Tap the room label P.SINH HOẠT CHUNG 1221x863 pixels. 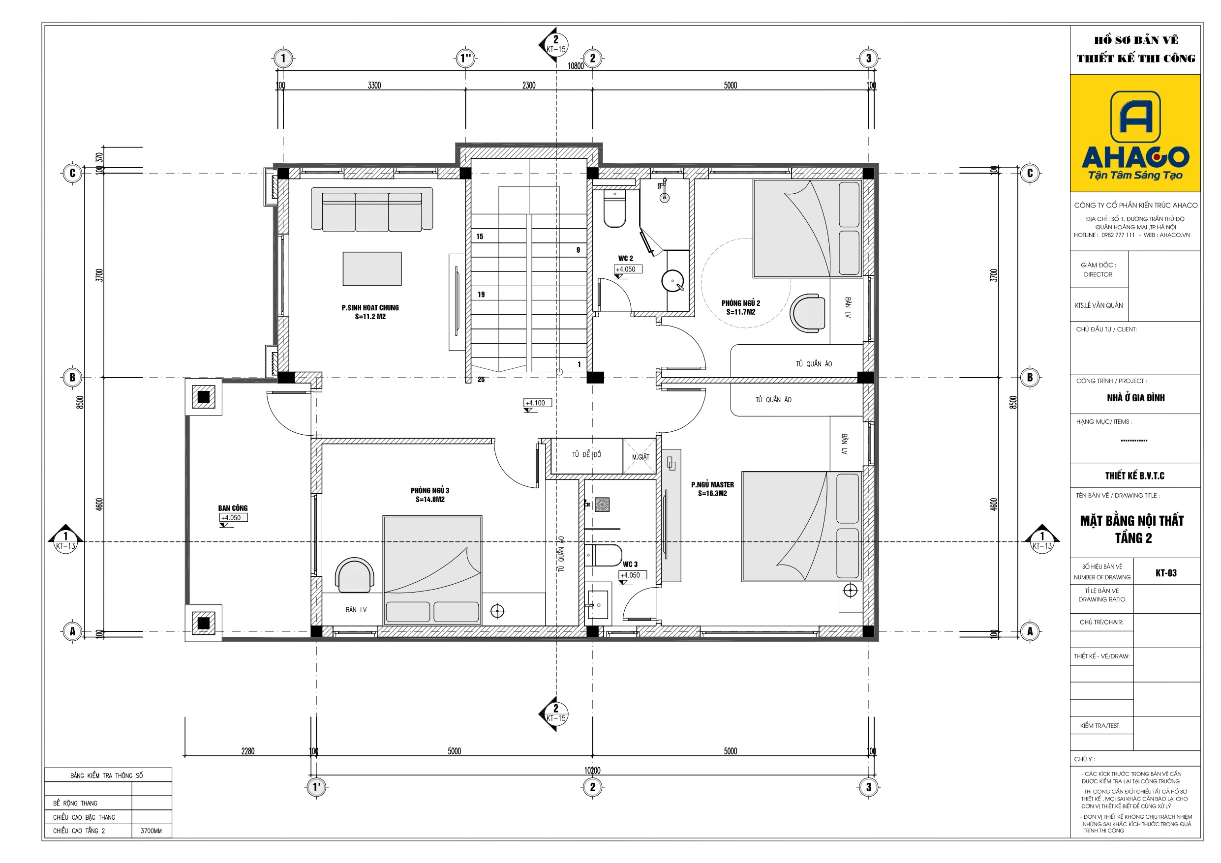click(370, 308)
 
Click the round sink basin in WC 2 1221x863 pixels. click(672, 281)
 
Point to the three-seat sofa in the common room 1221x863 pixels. click(372, 209)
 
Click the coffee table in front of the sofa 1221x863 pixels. click(372, 269)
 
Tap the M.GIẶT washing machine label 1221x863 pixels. click(641, 457)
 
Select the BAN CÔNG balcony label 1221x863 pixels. click(232, 508)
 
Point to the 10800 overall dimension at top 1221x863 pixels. click(576, 66)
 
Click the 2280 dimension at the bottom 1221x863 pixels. click(248, 751)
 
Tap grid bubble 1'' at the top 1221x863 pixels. click(466, 58)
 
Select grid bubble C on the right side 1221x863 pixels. click(1030, 174)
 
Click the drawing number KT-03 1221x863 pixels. click(1166, 573)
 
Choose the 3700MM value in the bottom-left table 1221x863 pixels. click(151, 831)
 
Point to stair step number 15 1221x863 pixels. click(480, 237)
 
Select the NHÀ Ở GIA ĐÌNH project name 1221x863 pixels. click(1135, 398)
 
